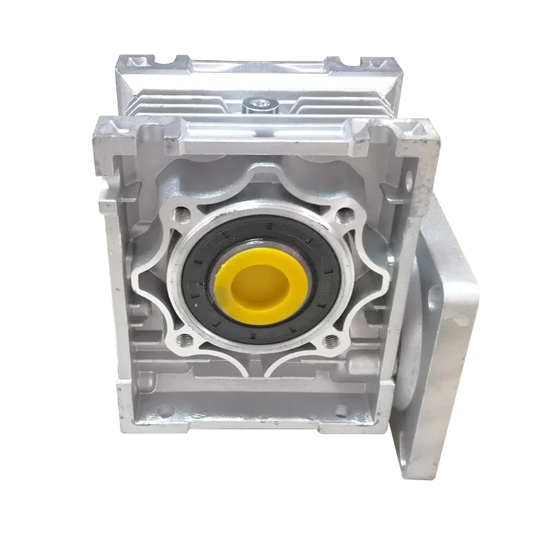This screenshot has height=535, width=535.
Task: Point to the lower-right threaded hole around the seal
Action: (x=329, y=342)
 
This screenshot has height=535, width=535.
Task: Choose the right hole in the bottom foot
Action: (x=342, y=409)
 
